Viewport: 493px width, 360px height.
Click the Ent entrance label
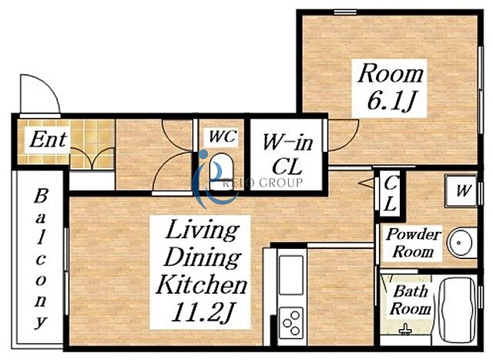point(48,140)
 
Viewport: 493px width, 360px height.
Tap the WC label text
point(223,136)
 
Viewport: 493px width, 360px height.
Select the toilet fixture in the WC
point(222,170)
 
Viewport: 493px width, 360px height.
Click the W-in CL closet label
point(287,155)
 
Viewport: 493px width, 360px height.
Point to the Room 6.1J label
point(391,87)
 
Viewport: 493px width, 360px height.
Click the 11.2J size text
point(202,312)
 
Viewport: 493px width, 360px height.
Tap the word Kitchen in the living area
point(201,284)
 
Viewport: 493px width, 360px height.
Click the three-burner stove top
point(291,322)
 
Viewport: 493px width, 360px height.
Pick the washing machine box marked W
point(461,190)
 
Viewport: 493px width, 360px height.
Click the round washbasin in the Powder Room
point(460,243)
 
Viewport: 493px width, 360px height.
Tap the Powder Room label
point(413,243)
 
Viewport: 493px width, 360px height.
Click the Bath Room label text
point(411,300)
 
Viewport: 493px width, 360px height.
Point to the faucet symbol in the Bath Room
point(406,329)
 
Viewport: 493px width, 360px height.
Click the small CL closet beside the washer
point(390,193)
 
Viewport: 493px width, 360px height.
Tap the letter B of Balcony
point(41,196)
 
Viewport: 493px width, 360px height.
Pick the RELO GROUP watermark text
point(263,183)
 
